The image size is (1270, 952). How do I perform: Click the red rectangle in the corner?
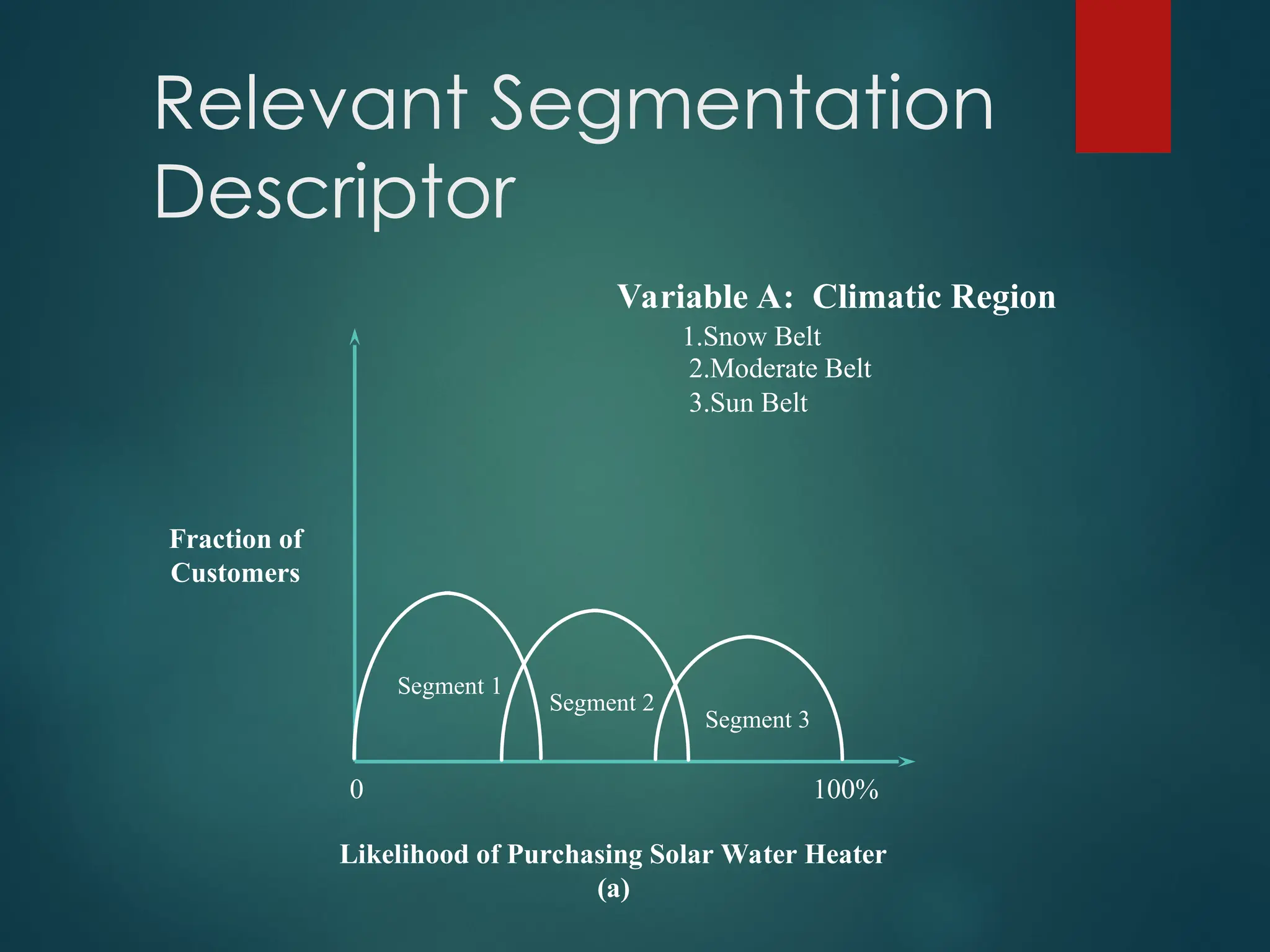(x=1123, y=76)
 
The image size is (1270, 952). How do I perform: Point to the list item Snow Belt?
(x=752, y=337)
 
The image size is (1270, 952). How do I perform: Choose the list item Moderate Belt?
(x=780, y=369)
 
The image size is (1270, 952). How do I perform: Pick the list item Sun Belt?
(x=748, y=403)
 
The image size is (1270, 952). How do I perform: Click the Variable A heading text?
(x=706, y=297)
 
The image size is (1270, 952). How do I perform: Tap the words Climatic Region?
(x=934, y=297)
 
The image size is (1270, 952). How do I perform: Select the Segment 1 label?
(x=449, y=686)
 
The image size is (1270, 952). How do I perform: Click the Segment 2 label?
(x=602, y=703)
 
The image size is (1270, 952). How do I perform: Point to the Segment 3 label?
(x=757, y=720)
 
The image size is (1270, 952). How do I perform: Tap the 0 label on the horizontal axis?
(x=357, y=790)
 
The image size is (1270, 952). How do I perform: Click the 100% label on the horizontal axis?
(x=846, y=790)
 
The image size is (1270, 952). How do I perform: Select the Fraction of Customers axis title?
(x=236, y=556)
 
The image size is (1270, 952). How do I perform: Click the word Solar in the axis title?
(x=681, y=855)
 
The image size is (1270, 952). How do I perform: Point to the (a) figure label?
(x=613, y=888)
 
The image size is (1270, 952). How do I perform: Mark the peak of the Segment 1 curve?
(x=448, y=593)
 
